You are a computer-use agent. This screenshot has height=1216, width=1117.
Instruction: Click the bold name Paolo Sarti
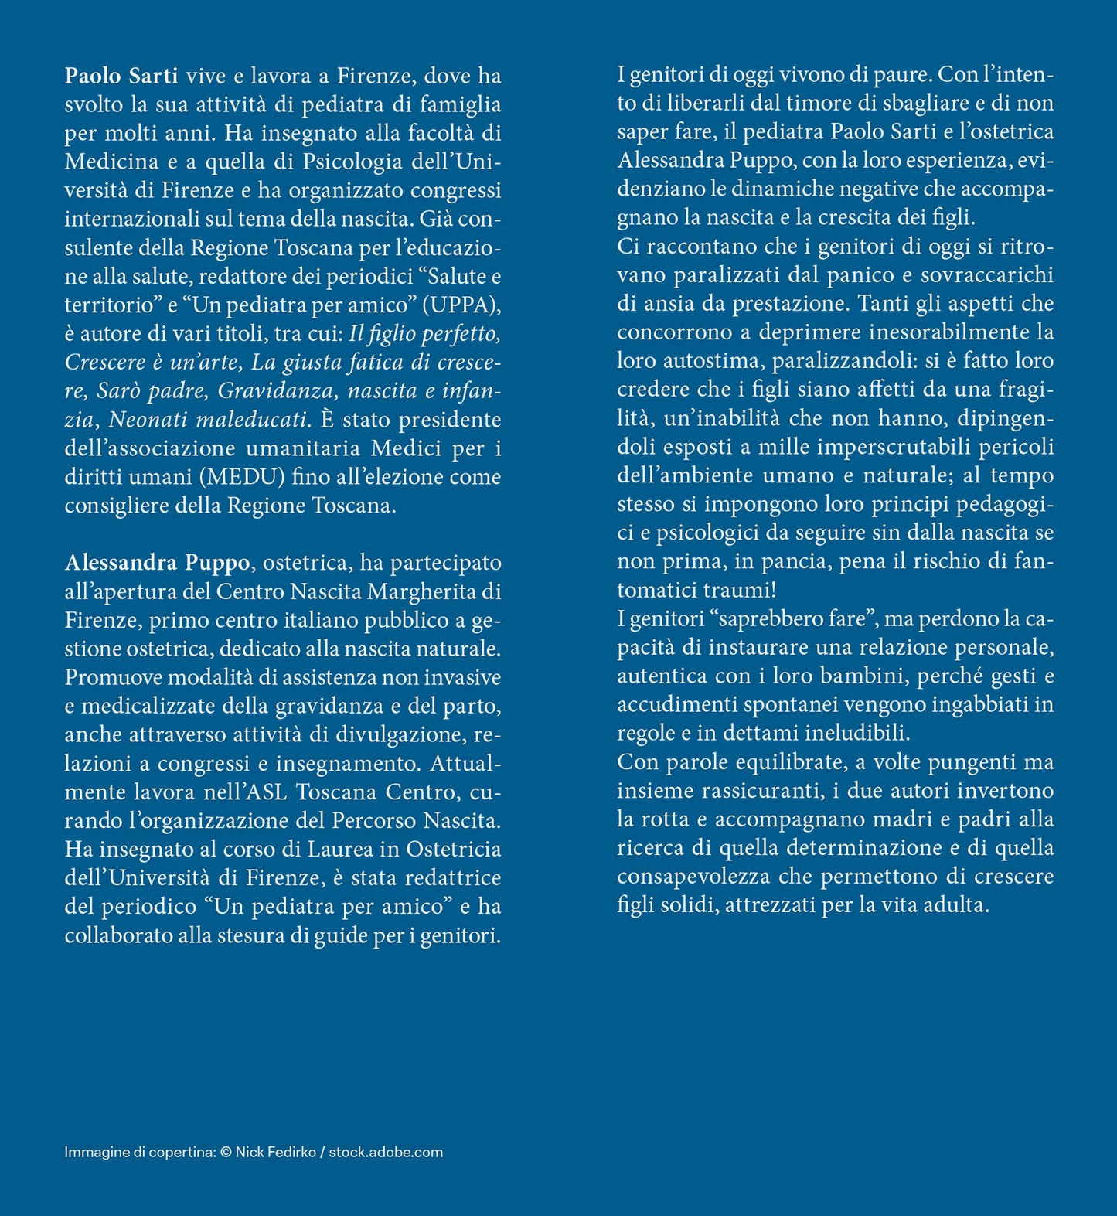click(x=121, y=76)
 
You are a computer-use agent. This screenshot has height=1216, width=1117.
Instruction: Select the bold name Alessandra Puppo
click(x=157, y=563)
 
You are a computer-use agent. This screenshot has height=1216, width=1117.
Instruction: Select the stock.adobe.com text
click(x=386, y=1152)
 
